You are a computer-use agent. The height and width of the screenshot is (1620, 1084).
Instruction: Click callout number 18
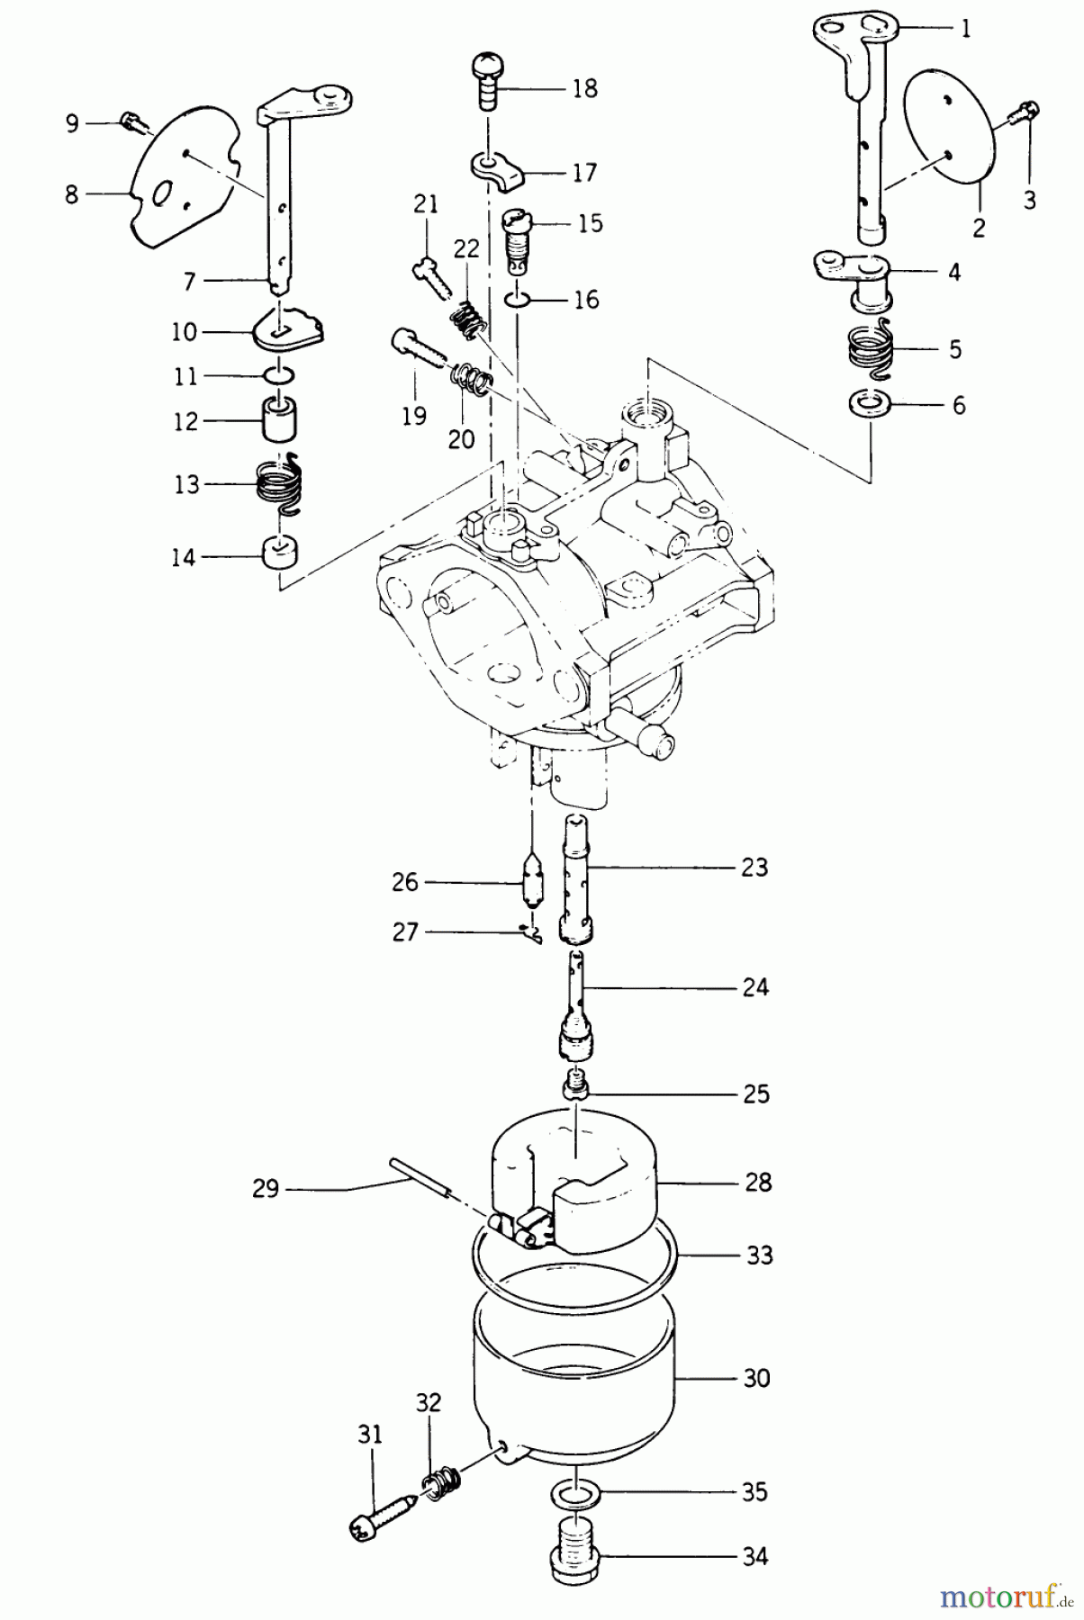584,89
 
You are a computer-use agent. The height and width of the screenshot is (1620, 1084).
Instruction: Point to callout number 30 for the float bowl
757,1378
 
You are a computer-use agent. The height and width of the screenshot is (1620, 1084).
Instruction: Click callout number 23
754,868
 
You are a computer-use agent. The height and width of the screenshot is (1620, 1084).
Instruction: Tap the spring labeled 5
870,347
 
